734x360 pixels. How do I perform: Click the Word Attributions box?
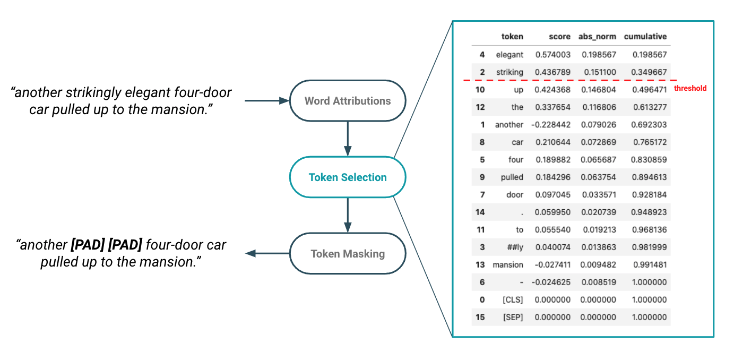pyautogui.click(x=348, y=101)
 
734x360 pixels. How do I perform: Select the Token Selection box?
pyautogui.click(x=348, y=177)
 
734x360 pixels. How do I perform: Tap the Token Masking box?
pyautogui.click(x=348, y=253)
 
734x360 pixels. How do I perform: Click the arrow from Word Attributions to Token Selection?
pyautogui.click(x=348, y=139)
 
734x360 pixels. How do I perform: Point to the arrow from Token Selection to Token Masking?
pyautogui.click(x=348, y=215)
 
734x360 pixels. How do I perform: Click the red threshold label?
pyautogui.click(x=690, y=88)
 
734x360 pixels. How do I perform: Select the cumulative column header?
pyautogui.click(x=645, y=37)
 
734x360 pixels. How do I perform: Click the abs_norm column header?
pyautogui.click(x=597, y=37)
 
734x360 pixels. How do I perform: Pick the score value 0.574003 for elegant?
pyautogui.click(x=553, y=55)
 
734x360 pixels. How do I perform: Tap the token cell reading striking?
pyautogui.click(x=510, y=72)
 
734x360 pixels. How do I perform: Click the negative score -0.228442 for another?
pyautogui.click(x=551, y=125)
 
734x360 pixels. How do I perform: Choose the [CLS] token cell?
pyautogui.click(x=513, y=299)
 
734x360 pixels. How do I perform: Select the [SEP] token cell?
pyautogui.click(x=513, y=317)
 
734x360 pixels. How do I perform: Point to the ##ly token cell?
pyautogui.click(x=515, y=247)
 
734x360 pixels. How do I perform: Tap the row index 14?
pyautogui.click(x=480, y=212)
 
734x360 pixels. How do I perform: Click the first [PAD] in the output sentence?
pyautogui.click(x=88, y=245)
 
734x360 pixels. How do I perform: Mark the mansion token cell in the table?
pyautogui.click(x=508, y=264)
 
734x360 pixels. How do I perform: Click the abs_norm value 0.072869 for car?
pyautogui.click(x=598, y=142)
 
